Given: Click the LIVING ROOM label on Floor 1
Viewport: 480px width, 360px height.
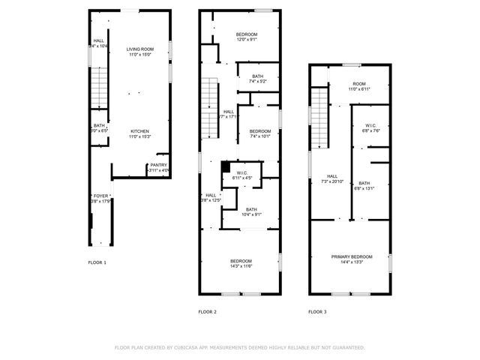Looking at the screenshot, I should (139, 49).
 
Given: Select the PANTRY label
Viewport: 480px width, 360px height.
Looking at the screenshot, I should (158, 165).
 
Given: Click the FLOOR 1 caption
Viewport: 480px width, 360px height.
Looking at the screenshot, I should (97, 262).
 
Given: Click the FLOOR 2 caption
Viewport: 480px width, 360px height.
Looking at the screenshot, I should (207, 311).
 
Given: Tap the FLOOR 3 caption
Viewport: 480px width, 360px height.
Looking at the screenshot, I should (318, 311).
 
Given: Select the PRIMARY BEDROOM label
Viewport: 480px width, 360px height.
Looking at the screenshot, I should (352, 256).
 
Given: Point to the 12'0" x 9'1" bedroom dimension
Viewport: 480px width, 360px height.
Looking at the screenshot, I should (247, 40).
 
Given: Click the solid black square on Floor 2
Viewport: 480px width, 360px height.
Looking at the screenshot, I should (226, 166).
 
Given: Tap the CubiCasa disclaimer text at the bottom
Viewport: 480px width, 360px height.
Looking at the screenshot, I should (239, 347).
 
